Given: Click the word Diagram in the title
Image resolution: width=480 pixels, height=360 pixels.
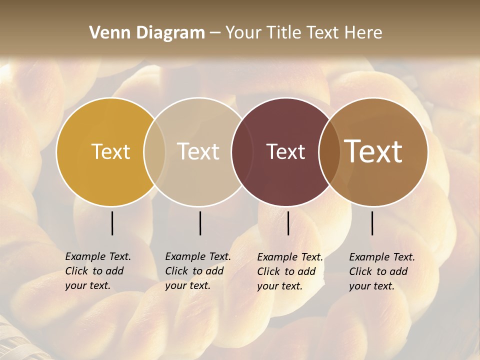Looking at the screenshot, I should click(169, 32).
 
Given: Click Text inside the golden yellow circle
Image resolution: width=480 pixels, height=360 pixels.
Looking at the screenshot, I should click(110, 151).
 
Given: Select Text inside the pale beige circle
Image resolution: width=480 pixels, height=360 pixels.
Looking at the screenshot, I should click(198, 151).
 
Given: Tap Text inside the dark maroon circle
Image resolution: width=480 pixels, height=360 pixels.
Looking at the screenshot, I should click(286, 151).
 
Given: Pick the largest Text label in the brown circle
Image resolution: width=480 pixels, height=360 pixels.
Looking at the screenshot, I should click(373, 151).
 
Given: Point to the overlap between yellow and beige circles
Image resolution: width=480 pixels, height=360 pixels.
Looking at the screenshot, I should click(154, 151).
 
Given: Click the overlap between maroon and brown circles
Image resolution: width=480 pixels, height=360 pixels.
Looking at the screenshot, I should click(329, 151).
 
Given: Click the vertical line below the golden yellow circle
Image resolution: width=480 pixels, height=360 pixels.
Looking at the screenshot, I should click(112, 223).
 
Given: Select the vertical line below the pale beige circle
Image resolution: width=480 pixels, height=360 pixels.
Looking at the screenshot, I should click(200, 223).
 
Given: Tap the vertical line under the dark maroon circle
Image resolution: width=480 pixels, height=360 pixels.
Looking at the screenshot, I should click(288, 223).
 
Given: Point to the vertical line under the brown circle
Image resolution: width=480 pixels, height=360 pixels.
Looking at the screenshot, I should click(372, 223).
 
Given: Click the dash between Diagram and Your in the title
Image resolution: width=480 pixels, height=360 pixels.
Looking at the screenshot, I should click(215, 33).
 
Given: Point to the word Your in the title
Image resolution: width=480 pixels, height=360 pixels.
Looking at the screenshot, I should click(243, 32).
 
